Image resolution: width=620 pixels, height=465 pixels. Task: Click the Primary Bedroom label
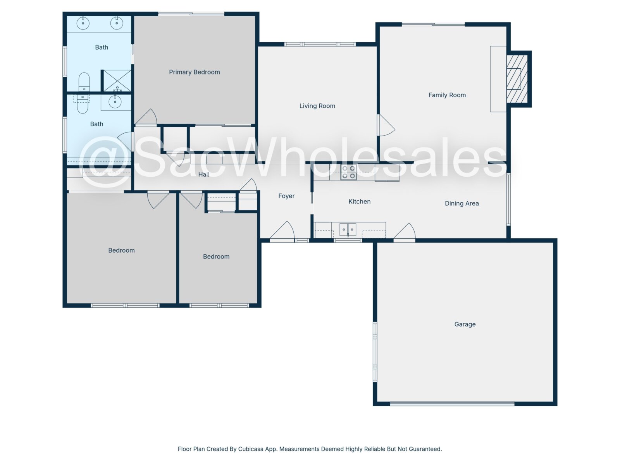pyautogui.click(x=195, y=72)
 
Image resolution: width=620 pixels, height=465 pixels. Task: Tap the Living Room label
pyautogui.click(x=317, y=106)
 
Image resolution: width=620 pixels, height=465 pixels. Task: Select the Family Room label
pyautogui.click(x=447, y=95)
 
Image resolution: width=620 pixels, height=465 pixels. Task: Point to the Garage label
pyautogui.click(x=465, y=324)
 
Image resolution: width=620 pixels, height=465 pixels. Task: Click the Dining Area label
pyautogui.click(x=462, y=203)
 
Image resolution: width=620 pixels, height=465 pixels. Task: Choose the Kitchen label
pyautogui.click(x=359, y=201)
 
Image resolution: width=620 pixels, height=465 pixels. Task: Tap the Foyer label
pyautogui.click(x=286, y=196)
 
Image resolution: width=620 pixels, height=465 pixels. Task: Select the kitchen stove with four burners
pyautogui.click(x=348, y=172)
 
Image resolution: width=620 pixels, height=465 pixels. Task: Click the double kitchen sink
pyautogui.click(x=348, y=229)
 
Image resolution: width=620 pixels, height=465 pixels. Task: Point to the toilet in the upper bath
pyautogui.click(x=84, y=82)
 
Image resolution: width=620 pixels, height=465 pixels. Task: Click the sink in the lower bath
pyautogui.click(x=115, y=102)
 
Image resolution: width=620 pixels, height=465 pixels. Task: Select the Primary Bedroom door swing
pyautogui.click(x=146, y=117)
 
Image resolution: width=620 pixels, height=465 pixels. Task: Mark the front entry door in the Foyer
pyautogui.click(x=282, y=231)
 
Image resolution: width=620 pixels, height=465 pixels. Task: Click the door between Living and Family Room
pyautogui.click(x=386, y=125)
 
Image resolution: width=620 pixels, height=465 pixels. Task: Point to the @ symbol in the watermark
pyautogui.click(x=105, y=162)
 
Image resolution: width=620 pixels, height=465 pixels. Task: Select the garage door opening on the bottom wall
pyautogui.click(x=452, y=404)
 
